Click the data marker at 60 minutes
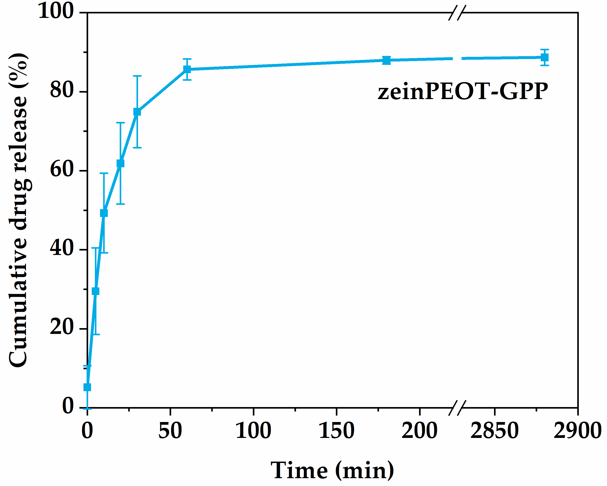tap(187, 69)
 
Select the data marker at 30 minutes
tap(137, 112)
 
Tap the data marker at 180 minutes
tap(387, 60)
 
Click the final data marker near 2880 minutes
tap(545, 57)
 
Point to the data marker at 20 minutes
tap(121, 163)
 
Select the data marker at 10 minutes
tap(104, 213)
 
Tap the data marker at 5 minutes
tap(96, 291)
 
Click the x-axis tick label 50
tap(170, 431)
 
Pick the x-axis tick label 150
tap(337, 431)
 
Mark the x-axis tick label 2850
tap(494, 431)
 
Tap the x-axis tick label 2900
tap(577, 431)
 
